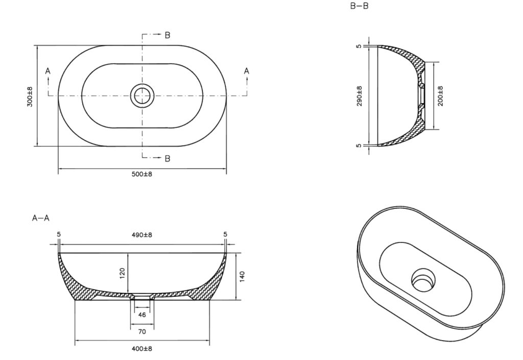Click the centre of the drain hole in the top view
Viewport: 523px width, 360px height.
pyautogui.click(x=142, y=95)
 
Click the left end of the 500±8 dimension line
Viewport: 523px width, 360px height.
pyautogui.click(x=58, y=169)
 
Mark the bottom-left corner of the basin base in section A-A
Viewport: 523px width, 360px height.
pyautogui.click(x=75, y=300)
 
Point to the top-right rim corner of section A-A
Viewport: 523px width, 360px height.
pyautogui.click(x=226, y=253)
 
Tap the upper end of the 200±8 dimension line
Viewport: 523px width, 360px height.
pyautogui.click(x=434, y=62)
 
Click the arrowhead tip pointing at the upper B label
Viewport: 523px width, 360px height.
pyautogui.click(x=161, y=35)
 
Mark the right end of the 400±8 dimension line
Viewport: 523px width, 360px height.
pyautogui.click(x=209, y=340)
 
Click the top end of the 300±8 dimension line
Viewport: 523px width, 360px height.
pyautogui.click(x=37, y=45)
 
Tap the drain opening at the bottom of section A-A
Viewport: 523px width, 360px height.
pyautogui.click(x=142, y=297)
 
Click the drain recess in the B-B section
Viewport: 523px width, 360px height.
pyautogui.click(x=421, y=95)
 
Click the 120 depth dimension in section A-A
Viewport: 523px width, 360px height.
pyautogui.click(x=122, y=273)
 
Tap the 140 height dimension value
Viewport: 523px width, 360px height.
pyautogui.click(x=243, y=276)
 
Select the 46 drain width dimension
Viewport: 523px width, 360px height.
pyautogui.click(x=142, y=315)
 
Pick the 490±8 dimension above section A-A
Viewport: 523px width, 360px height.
pyautogui.click(x=142, y=235)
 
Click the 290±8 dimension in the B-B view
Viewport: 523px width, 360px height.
pyautogui.click(x=359, y=96)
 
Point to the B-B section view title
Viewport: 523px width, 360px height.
pyautogui.click(x=359, y=6)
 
